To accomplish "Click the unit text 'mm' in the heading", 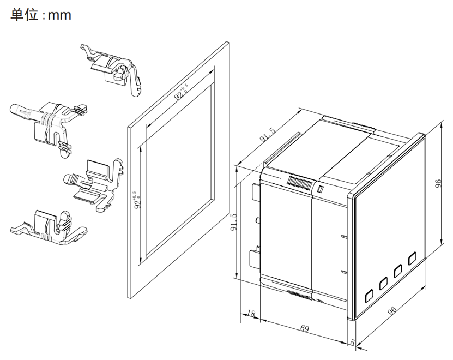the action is point(59,15).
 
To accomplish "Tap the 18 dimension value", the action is point(251,314).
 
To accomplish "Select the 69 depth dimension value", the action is point(305,328).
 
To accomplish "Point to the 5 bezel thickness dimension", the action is point(352,343).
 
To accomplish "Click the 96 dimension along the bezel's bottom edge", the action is point(392,310).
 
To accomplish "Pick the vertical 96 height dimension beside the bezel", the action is point(438,183).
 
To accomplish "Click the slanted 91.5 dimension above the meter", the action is point(267,135).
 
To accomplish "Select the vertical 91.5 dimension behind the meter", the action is point(233,222).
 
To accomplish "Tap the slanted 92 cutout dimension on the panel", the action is point(182,92).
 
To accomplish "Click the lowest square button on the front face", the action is point(369,296).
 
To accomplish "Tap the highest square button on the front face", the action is point(412,259).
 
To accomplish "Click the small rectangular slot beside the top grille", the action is point(320,189).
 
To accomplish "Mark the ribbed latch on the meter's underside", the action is point(299,295).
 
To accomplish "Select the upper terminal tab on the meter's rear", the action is point(255,191).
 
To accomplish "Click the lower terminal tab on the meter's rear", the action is point(255,259).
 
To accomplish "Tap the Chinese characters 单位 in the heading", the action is point(25,15).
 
